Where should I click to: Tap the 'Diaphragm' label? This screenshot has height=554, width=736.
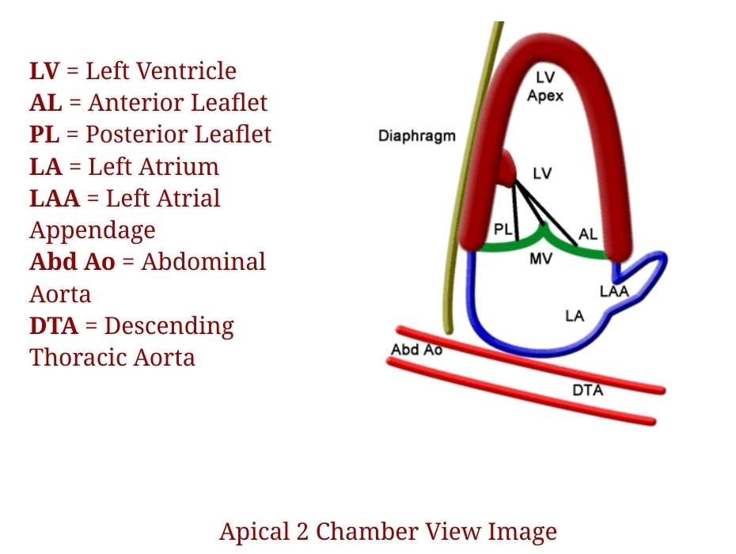417,135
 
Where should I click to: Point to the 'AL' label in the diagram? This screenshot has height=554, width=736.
588,234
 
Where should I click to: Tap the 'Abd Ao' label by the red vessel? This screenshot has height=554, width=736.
416,349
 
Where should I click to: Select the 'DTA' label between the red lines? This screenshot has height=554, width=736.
587,390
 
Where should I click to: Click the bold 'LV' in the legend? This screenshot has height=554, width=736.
44,71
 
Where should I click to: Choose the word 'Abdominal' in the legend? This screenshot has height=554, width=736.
204,262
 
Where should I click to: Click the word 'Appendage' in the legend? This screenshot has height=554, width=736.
93,230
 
